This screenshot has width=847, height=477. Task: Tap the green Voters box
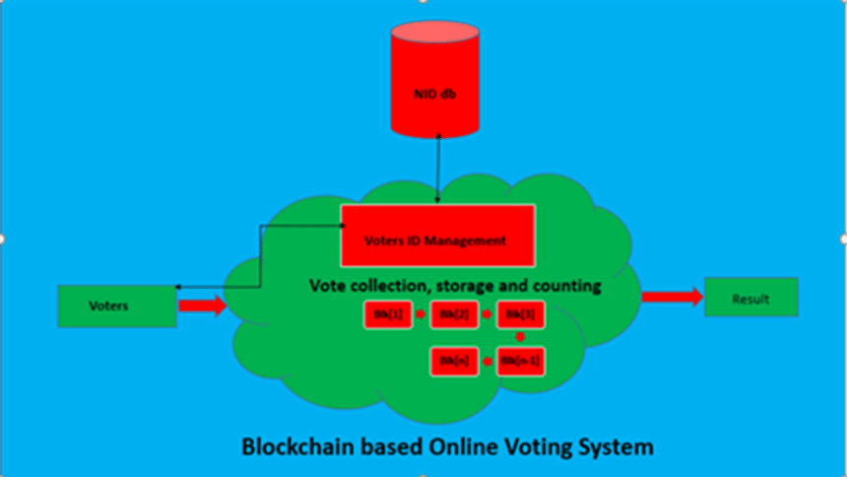pos(117,306)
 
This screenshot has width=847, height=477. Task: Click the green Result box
pos(750,298)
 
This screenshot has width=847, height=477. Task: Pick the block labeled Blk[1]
pos(388,314)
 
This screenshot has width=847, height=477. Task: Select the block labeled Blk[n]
pos(454,361)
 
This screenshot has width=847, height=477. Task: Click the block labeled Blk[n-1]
pos(521,361)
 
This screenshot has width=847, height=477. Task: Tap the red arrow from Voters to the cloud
pos(202,306)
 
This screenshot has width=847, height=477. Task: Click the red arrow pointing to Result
pos(672,296)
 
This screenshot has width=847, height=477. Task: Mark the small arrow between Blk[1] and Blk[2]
pos(421,314)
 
